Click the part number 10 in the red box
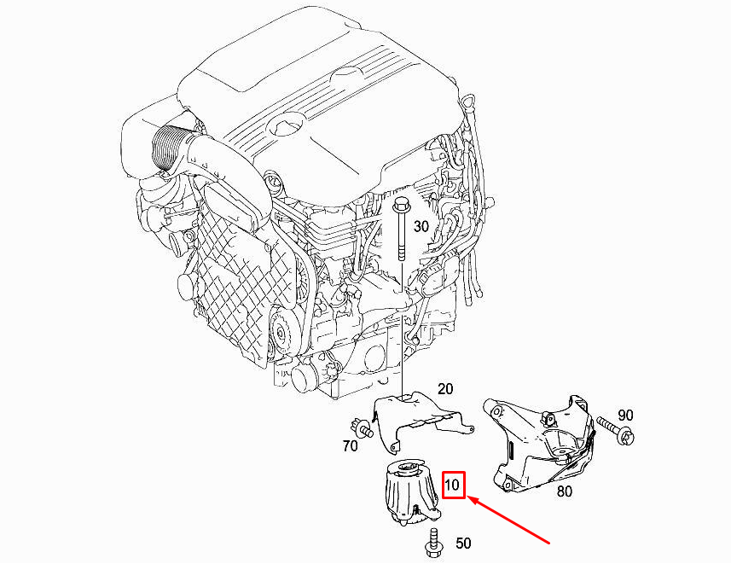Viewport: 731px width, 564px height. (453, 486)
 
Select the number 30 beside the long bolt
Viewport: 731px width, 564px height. (421, 226)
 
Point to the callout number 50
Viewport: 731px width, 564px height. (463, 543)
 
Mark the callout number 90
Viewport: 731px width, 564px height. (625, 415)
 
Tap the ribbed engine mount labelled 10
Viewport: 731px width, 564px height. (409, 495)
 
